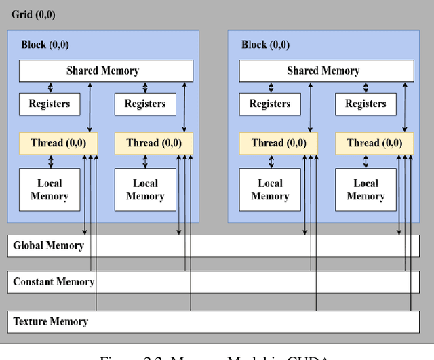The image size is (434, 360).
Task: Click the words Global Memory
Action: coord(48,245)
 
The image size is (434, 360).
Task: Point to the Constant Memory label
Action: coord(53,281)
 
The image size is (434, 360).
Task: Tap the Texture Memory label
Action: coord(50,321)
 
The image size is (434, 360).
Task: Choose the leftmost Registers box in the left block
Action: coord(50,104)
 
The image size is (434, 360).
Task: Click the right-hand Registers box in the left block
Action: coord(145,104)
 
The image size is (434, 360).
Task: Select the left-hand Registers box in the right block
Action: coord(270,104)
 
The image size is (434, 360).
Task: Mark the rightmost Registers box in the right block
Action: coord(366,104)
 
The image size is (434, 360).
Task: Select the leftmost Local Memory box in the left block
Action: coord(50,189)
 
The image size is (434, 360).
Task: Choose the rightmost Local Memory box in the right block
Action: coord(366,189)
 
